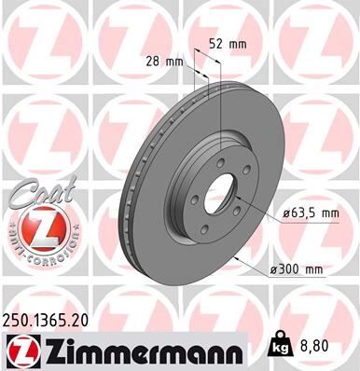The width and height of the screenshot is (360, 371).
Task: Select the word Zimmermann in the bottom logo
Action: (x=131, y=352)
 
